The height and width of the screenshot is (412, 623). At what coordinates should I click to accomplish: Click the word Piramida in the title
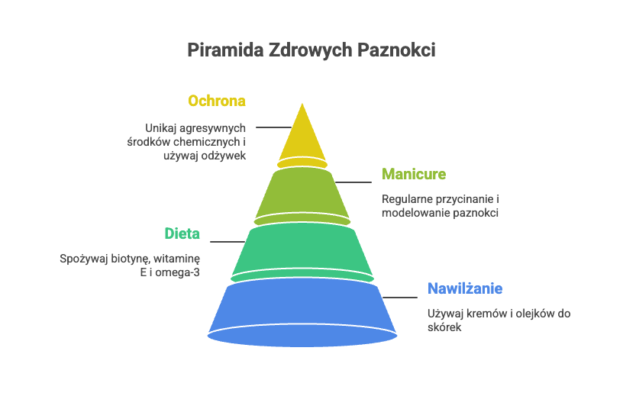tap(222, 50)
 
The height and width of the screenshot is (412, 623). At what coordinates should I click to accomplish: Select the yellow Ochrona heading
tap(217, 101)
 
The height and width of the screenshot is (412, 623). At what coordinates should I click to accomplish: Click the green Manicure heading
tap(413, 175)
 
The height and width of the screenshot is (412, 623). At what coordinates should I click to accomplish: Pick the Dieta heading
tap(182, 233)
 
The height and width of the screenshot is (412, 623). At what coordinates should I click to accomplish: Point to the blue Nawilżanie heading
tap(464, 289)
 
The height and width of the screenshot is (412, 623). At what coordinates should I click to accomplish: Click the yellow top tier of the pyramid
tap(302, 137)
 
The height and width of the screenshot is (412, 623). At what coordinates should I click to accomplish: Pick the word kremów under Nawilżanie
tap(485, 314)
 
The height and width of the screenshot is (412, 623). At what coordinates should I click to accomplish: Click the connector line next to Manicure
tap(353, 182)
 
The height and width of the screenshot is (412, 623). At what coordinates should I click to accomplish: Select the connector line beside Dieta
tap(227, 242)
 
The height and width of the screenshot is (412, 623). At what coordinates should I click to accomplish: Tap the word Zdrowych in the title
tap(307, 50)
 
